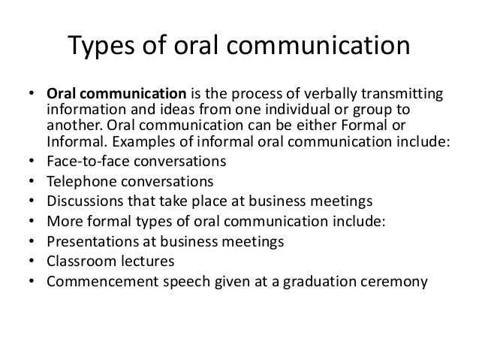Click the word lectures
pos(147,263)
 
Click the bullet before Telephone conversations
pos(31,182)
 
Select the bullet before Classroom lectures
pos(31,263)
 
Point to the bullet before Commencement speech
pos(31,283)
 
